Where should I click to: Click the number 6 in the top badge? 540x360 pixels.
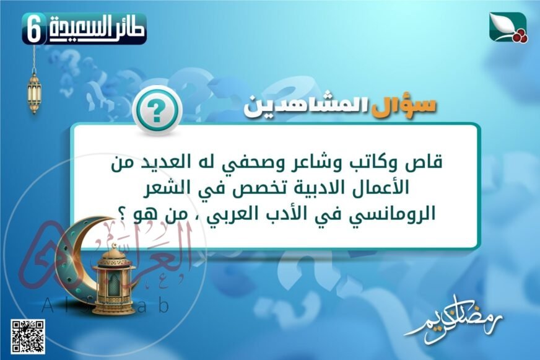pyautogui.click(x=35, y=30)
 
